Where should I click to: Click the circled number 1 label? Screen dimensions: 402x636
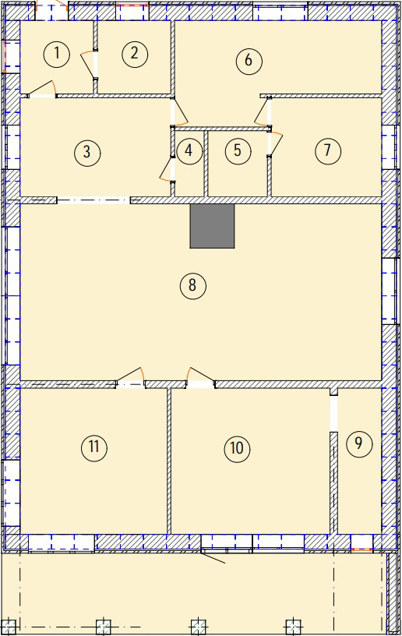pyautogui.click(x=57, y=54)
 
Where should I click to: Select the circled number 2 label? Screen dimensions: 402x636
pyautogui.click(x=134, y=53)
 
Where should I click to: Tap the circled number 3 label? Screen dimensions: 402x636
pyautogui.click(x=87, y=153)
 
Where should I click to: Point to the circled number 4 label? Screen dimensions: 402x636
pyautogui.click(x=189, y=151)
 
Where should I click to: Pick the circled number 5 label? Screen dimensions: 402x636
pyautogui.click(x=238, y=150)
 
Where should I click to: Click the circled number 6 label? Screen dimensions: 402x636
pyautogui.click(x=249, y=61)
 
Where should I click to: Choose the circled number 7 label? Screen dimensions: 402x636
pyautogui.click(x=328, y=151)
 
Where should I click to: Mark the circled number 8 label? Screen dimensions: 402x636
pyautogui.click(x=193, y=286)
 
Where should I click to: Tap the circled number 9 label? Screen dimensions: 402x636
pyautogui.click(x=359, y=443)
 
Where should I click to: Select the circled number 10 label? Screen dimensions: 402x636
pyautogui.click(x=237, y=448)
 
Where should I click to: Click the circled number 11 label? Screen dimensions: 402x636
pyautogui.click(x=94, y=447)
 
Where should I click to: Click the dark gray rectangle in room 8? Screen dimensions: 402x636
pyautogui.click(x=213, y=226)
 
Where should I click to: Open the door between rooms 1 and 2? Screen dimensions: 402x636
pyautogui.click(x=90, y=65)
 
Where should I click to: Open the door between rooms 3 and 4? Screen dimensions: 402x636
pyautogui.click(x=167, y=170)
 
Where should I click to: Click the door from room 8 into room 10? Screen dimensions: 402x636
pyautogui.click(x=201, y=377)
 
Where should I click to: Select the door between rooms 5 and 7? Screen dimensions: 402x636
pyautogui.click(x=275, y=143)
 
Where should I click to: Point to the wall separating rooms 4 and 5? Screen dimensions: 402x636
pyautogui.click(x=206, y=164)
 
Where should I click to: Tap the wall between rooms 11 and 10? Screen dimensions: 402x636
pyautogui.click(x=169, y=461)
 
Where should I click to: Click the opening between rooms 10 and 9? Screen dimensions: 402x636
pyautogui.click(x=333, y=414)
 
